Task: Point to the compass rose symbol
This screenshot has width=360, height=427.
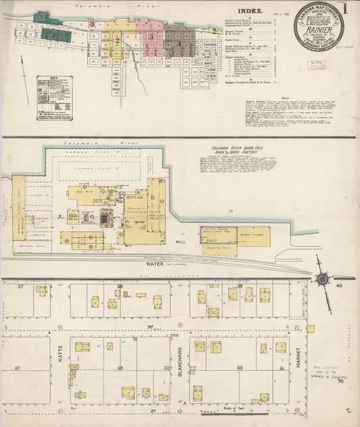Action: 324,278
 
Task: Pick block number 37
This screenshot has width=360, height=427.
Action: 20,288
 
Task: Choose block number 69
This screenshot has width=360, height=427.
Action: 240,368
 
